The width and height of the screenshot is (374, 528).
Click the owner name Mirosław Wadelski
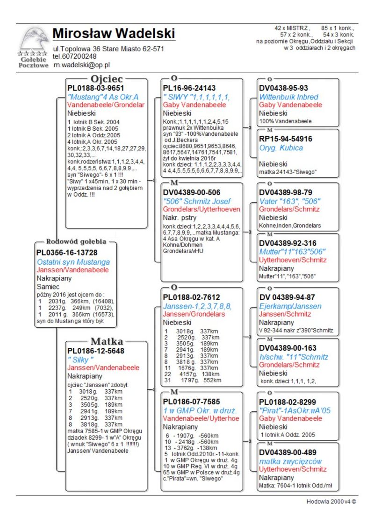[x=114, y=34]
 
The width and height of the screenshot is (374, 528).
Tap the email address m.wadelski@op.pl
[x=81, y=65]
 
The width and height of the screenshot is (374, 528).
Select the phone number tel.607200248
[x=75, y=56]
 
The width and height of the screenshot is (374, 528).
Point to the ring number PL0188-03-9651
[x=96, y=88]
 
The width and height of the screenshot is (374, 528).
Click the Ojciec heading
[x=107, y=79]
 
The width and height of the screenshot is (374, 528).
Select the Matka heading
[x=107, y=341]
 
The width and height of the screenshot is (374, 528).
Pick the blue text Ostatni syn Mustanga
[x=73, y=262]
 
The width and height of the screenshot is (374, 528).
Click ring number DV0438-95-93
[x=284, y=88]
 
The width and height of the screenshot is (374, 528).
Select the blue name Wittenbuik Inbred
[x=288, y=97]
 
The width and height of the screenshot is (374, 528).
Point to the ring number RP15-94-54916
[x=286, y=139]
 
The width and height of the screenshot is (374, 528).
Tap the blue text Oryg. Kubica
[x=281, y=148]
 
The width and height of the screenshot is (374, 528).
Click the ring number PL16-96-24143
[x=189, y=88]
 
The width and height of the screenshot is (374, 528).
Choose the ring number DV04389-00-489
[x=288, y=452]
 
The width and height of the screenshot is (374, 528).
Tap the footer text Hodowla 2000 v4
[x=329, y=502]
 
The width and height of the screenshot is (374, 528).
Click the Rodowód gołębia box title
[x=76, y=242]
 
